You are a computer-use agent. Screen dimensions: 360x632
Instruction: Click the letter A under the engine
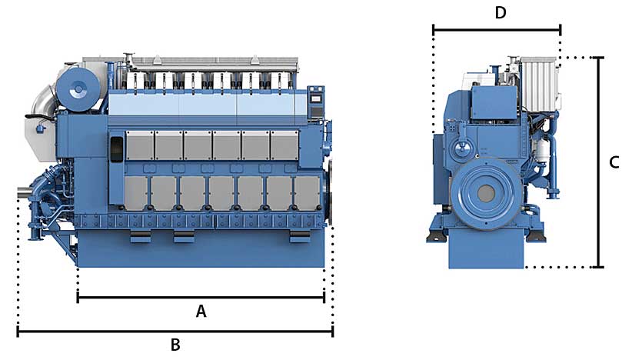pos(201,312)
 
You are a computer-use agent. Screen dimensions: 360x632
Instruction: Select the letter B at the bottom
pos(175,345)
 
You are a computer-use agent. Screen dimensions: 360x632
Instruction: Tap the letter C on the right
pos(614,162)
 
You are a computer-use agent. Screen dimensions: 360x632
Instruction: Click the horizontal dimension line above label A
pos(201,296)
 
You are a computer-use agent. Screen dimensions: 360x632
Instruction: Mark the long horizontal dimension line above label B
pos(175,332)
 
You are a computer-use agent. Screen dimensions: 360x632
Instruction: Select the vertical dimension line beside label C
pos(600,162)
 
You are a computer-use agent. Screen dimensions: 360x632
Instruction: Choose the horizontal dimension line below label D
pos(497,31)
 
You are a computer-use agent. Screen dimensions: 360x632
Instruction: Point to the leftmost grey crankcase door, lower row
pos(135,193)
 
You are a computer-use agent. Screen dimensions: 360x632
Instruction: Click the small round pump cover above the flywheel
pos(464,148)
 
